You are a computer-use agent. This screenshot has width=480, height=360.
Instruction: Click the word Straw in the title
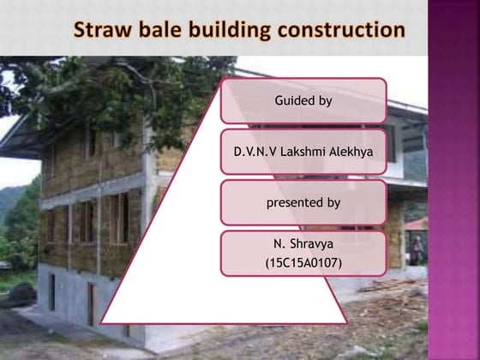point(101,32)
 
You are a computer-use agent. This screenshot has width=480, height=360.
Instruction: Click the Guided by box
point(303,101)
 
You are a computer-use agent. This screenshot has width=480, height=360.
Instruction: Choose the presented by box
point(303,203)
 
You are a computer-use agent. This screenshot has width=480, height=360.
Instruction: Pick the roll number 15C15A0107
point(303,261)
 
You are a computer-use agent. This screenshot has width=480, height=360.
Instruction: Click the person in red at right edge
point(418,249)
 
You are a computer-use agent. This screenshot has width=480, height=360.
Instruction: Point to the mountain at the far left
point(9,206)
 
